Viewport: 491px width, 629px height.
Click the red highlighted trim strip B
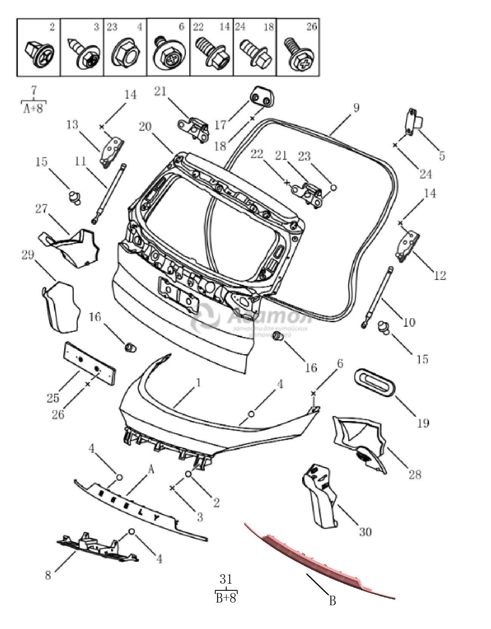pyautogui.click(x=321, y=560)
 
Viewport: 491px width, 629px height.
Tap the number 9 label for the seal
pyautogui.click(x=356, y=108)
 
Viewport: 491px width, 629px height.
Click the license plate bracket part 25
pyautogui.click(x=89, y=363)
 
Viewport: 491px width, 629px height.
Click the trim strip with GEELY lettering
pyautogui.click(x=140, y=509)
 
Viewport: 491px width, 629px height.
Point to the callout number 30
pyautogui.click(x=365, y=531)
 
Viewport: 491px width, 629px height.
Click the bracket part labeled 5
pyautogui.click(x=413, y=121)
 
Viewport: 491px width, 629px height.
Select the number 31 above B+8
pyautogui.click(x=226, y=579)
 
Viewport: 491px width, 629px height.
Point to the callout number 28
pyautogui.click(x=415, y=474)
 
